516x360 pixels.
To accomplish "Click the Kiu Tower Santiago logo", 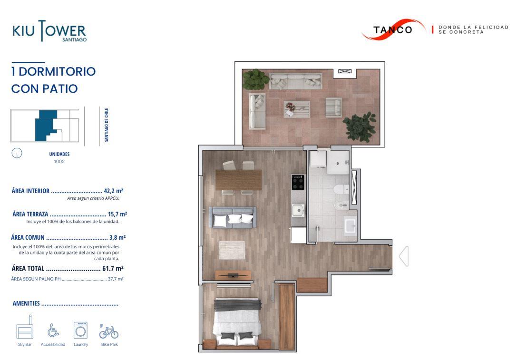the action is (49, 31).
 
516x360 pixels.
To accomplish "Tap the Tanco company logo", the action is (393, 29).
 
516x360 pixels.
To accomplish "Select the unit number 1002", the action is (59, 161).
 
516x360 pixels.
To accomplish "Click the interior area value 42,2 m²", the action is (114, 191).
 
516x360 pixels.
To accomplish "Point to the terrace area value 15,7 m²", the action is (117, 214).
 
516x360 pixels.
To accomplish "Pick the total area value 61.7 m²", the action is (113, 269).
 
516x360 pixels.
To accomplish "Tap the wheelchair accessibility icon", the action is (53, 330).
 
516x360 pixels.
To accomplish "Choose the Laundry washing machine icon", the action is (81, 330).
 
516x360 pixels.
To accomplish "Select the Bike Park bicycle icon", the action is (109, 331).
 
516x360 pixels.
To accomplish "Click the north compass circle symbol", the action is (17, 153).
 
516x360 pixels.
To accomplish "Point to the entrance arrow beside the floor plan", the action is (404, 256).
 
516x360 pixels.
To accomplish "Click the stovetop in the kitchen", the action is (298, 182).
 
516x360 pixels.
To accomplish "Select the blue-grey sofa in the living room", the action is (233, 217).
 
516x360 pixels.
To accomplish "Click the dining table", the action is (239, 180).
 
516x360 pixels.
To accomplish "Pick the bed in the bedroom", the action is (237, 322).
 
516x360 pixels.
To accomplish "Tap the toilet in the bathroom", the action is (341, 190).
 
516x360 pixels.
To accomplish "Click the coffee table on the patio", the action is (297, 109).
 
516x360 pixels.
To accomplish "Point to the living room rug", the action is (232, 251).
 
